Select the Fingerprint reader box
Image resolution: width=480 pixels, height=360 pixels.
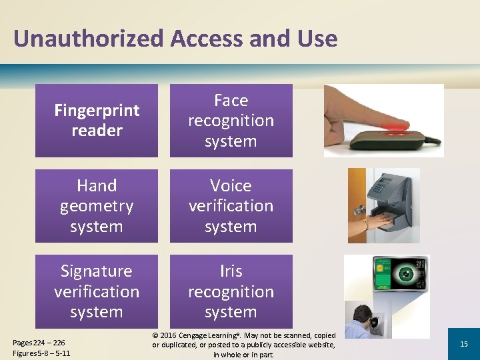(x=97, y=121)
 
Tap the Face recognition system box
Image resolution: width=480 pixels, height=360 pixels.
(x=231, y=121)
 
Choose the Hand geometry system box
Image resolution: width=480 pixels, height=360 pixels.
(x=97, y=206)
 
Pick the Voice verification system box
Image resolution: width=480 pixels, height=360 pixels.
(x=231, y=206)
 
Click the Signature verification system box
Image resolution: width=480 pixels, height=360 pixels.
(x=97, y=291)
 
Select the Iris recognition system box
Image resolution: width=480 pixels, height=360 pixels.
(x=231, y=291)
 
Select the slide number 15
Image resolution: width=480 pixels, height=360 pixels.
(x=464, y=343)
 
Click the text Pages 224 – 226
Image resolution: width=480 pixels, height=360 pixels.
(x=39, y=343)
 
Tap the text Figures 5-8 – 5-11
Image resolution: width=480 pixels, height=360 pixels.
(x=41, y=353)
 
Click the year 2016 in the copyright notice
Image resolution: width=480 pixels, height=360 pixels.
(x=171, y=335)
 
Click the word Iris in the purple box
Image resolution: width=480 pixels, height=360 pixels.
(x=231, y=271)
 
